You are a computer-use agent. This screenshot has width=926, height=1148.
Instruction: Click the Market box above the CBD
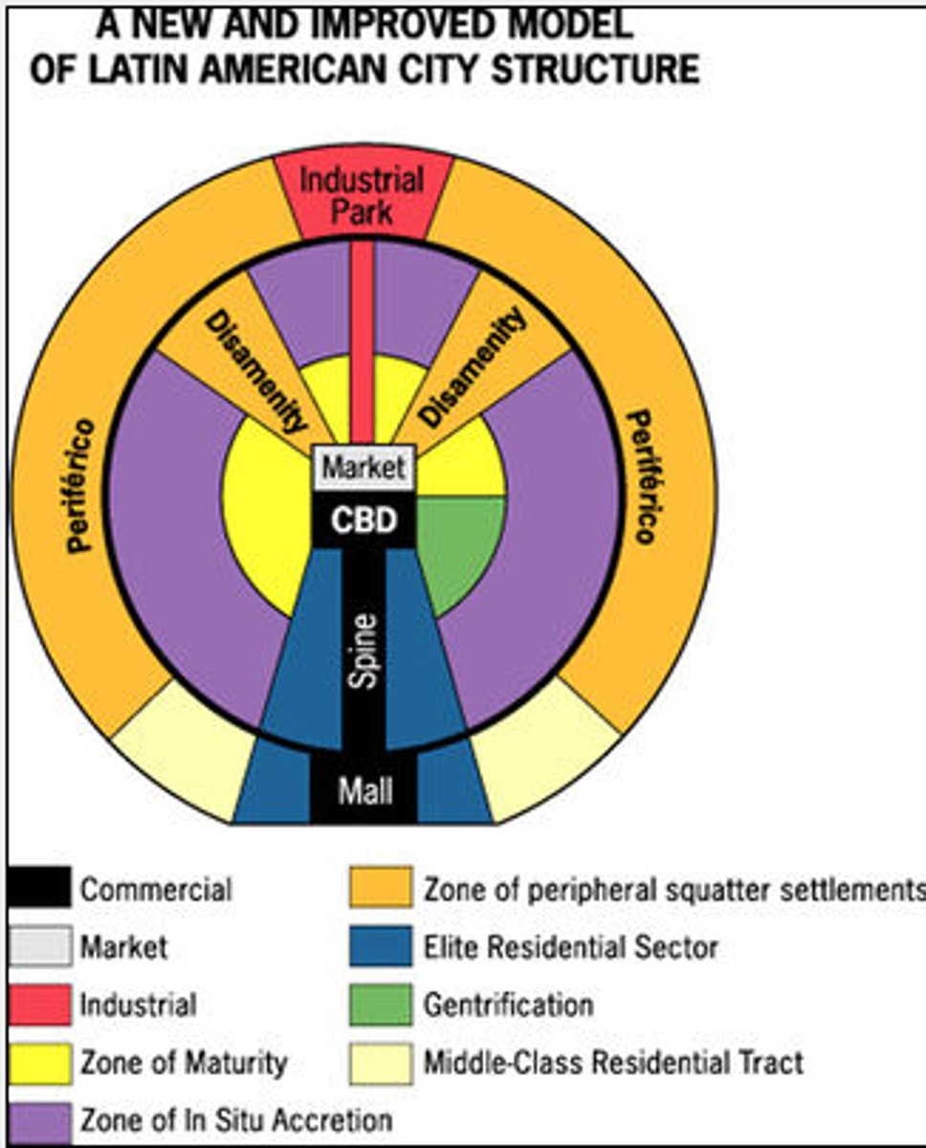(x=364, y=469)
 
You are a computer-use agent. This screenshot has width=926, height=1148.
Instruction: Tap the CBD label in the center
(x=364, y=519)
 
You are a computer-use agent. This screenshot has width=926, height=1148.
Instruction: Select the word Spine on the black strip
(x=364, y=651)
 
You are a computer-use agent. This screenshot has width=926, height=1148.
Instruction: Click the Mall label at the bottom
(x=364, y=791)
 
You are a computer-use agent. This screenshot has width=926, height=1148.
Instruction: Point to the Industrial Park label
(x=362, y=194)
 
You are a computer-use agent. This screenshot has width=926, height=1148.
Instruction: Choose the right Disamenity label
(x=474, y=367)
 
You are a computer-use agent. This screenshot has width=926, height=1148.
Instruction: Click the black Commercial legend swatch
(x=39, y=889)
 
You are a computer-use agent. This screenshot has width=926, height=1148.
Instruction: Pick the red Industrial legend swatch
(x=39, y=1004)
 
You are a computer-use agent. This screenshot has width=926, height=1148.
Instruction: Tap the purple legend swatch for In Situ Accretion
(x=39, y=1120)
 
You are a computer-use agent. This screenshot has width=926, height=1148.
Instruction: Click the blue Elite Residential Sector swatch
(x=381, y=947)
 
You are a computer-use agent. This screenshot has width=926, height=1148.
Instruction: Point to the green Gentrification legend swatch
(x=381, y=1004)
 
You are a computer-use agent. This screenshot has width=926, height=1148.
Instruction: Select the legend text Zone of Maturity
(x=184, y=1062)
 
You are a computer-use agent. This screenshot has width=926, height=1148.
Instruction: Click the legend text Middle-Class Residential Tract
(x=613, y=1062)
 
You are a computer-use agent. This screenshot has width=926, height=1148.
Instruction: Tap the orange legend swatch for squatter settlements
(x=381, y=889)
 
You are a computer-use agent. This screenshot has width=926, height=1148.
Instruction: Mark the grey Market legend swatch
(x=39, y=947)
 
